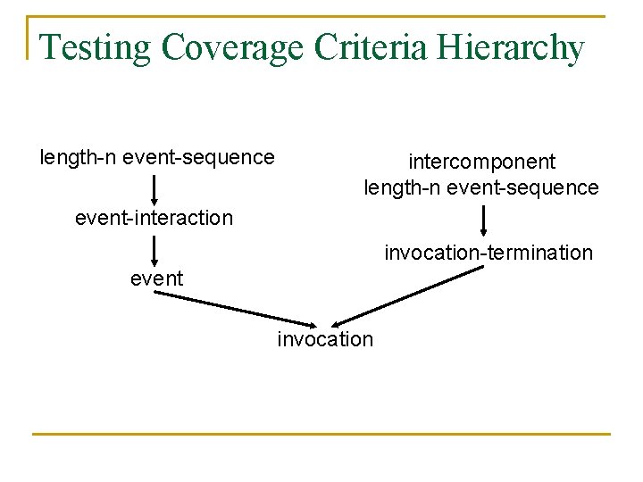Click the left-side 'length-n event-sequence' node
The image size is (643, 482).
[157, 158]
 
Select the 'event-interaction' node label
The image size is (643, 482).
[154, 218]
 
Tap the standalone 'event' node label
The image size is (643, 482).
[156, 278]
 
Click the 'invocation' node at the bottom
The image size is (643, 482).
[325, 339]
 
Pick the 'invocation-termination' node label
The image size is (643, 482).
[489, 253]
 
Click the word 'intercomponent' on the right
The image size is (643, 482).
[481, 162]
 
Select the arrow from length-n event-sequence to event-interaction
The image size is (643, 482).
[154, 189]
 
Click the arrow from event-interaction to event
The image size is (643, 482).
[154, 250]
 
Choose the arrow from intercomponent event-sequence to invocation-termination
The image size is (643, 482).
[483, 220]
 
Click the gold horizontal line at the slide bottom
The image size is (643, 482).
[321, 434]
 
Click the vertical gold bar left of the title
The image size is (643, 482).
[29, 37]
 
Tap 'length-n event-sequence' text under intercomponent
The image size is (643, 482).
[480, 187]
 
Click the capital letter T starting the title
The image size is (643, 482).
[50, 47]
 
